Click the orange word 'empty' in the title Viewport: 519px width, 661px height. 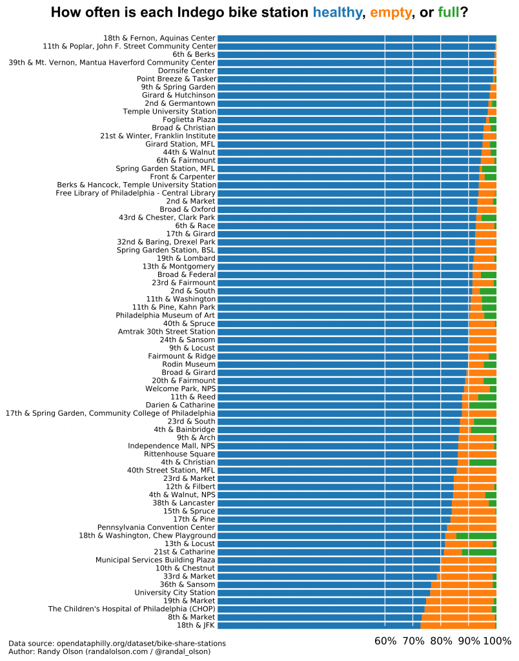390,12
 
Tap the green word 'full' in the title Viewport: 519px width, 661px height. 449,12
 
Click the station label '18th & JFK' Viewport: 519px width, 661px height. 196,625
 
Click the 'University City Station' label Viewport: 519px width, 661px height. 175,592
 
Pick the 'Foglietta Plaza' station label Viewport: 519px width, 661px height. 188,119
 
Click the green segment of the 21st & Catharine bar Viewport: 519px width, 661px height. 479,552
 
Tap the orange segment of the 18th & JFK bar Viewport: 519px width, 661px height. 458,625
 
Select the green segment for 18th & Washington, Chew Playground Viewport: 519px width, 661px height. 476,535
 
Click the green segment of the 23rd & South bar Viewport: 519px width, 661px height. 485,421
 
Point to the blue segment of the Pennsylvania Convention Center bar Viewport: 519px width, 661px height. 332,527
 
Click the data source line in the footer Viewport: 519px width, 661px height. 117,643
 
